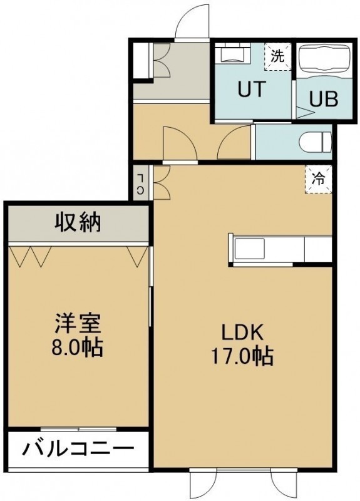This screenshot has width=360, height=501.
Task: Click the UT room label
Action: (x=252, y=89)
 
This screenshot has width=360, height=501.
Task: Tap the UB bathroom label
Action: (x=323, y=99)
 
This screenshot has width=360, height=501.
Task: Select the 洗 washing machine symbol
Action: (x=277, y=57)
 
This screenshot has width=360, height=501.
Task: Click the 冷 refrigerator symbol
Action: (x=319, y=179)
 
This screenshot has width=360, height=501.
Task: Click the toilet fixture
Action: (x=316, y=143)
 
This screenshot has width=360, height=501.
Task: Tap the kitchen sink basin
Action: (x=249, y=249)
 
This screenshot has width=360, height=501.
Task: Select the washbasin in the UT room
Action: (x=232, y=54)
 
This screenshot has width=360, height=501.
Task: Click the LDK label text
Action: (x=243, y=333)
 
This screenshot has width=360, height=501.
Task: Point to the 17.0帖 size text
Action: (x=242, y=356)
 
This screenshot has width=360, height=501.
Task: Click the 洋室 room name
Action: (x=78, y=323)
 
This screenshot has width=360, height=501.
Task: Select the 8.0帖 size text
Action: (x=77, y=348)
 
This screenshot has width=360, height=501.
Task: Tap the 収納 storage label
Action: (x=78, y=222)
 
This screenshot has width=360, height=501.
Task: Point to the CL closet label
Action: (x=140, y=183)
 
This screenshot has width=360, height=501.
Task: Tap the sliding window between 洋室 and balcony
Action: (x=78, y=429)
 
